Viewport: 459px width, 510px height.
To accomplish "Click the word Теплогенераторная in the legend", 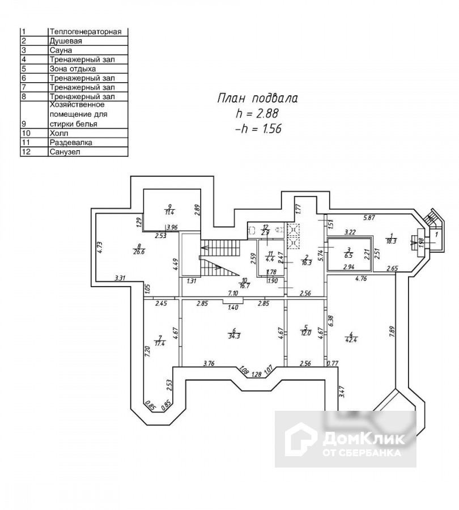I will point(86,32).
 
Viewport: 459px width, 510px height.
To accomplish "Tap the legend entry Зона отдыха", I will point(73,69).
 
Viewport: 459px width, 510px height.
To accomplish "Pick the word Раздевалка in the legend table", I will point(71,142).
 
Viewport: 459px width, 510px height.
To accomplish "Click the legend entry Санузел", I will point(65,151).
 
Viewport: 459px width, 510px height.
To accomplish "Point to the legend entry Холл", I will point(59,133).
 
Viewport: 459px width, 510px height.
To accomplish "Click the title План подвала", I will point(258,99).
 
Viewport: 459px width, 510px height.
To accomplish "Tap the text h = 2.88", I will point(258,113).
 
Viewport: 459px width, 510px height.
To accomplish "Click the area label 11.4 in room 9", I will point(169,212).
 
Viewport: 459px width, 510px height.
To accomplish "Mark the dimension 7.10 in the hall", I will point(232,293).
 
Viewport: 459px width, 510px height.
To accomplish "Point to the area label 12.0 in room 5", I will point(306,333).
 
